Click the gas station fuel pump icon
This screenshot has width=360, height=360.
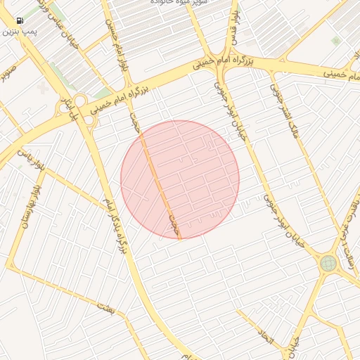pos(19,21)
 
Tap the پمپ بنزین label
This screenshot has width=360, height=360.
pos(20,32)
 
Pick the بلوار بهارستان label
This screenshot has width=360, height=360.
pos(27,212)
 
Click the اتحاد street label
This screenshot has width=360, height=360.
pos(265,335)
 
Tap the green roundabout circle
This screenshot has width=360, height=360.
pos(328,264)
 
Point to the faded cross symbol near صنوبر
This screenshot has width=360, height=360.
pos(44,88)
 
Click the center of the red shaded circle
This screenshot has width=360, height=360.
pos(180,179)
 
